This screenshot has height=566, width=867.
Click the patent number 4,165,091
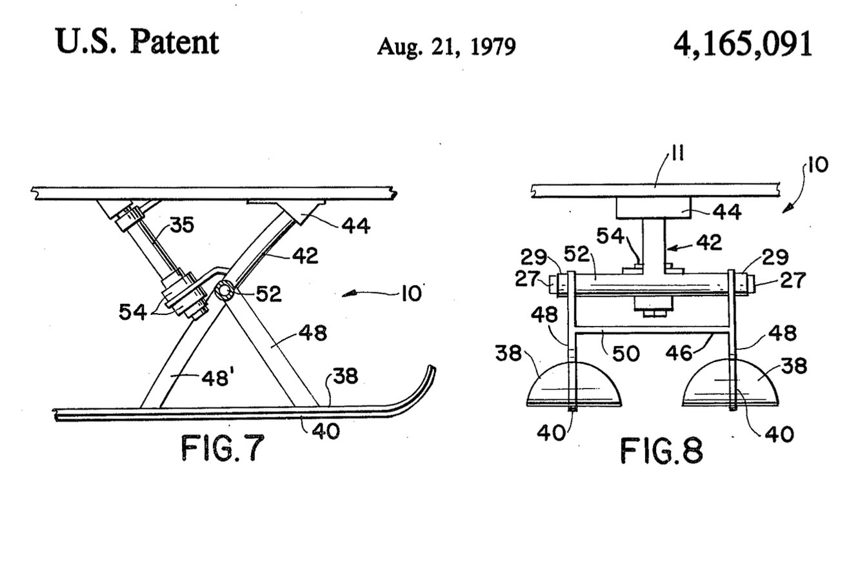tap(742, 45)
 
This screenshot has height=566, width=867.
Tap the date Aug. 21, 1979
tap(446, 47)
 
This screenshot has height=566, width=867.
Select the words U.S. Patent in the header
tap(137, 42)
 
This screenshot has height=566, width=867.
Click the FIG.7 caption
tap(223, 447)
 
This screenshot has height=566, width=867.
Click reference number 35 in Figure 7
tap(182, 225)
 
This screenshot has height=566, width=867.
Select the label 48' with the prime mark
tap(216, 378)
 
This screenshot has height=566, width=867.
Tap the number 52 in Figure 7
tap(268, 294)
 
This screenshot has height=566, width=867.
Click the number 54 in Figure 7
tap(132, 312)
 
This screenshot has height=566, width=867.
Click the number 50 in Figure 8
tap(626, 354)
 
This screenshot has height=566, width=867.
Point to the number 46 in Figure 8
tap(679, 352)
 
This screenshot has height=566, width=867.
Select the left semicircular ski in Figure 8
tap(574, 385)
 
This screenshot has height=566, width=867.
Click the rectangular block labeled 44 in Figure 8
tap(653, 208)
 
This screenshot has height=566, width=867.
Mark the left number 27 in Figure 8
tap(527, 279)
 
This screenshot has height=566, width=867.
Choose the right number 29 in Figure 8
tap(775, 257)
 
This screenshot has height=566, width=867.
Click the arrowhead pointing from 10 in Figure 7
tap(348, 294)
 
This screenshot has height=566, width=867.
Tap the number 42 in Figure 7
tap(305, 256)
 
